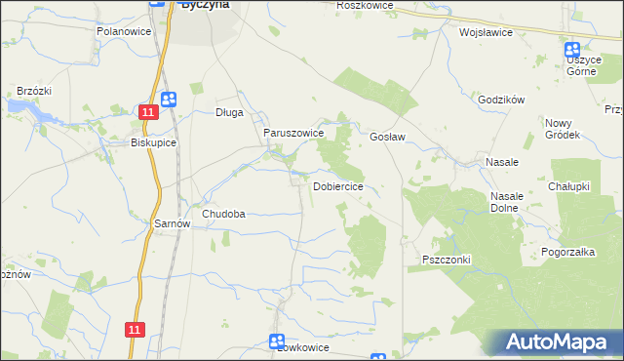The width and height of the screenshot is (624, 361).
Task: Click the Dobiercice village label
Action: pyautogui.click(x=338, y=186)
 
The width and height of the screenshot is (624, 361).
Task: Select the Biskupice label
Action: pyautogui.click(x=153, y=141)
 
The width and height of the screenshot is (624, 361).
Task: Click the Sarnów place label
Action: pyautogui.click(x=173, y=223)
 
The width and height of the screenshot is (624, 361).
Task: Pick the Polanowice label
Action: pyautogui.click(x=123, y=31)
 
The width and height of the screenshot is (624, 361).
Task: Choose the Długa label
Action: pyautogui.click(x=229, y=112)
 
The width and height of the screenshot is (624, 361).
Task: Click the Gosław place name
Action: pyautogui.click(x=387, y=138)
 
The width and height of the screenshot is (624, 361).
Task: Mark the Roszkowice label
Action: pyautogui.click(x=364, y=6)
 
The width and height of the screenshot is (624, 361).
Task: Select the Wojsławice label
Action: pyautogui.click(x=486, y=31)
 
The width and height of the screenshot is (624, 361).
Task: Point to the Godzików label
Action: pyautogui.click(x=502, y=100)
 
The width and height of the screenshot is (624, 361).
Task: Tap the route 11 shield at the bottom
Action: pyautogui.click(x=135, y=331)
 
